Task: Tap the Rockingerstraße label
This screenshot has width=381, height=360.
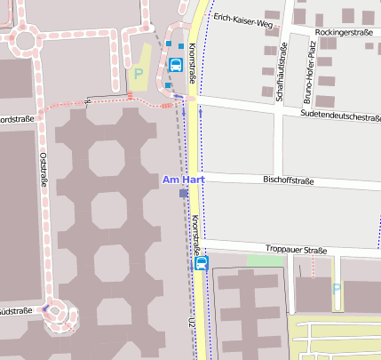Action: pos(343,32)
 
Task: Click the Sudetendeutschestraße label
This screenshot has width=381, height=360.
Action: pos(340,116)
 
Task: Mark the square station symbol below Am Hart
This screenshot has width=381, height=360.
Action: pos(183,193)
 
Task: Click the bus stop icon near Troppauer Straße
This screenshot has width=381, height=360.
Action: pos(202,263)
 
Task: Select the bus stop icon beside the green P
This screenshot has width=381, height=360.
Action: pos(176,65)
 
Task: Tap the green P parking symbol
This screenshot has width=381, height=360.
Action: pos(138,74)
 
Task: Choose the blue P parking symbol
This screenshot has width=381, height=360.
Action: pos(336,289)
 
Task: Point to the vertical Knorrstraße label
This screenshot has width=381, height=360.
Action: pos(194,238)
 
